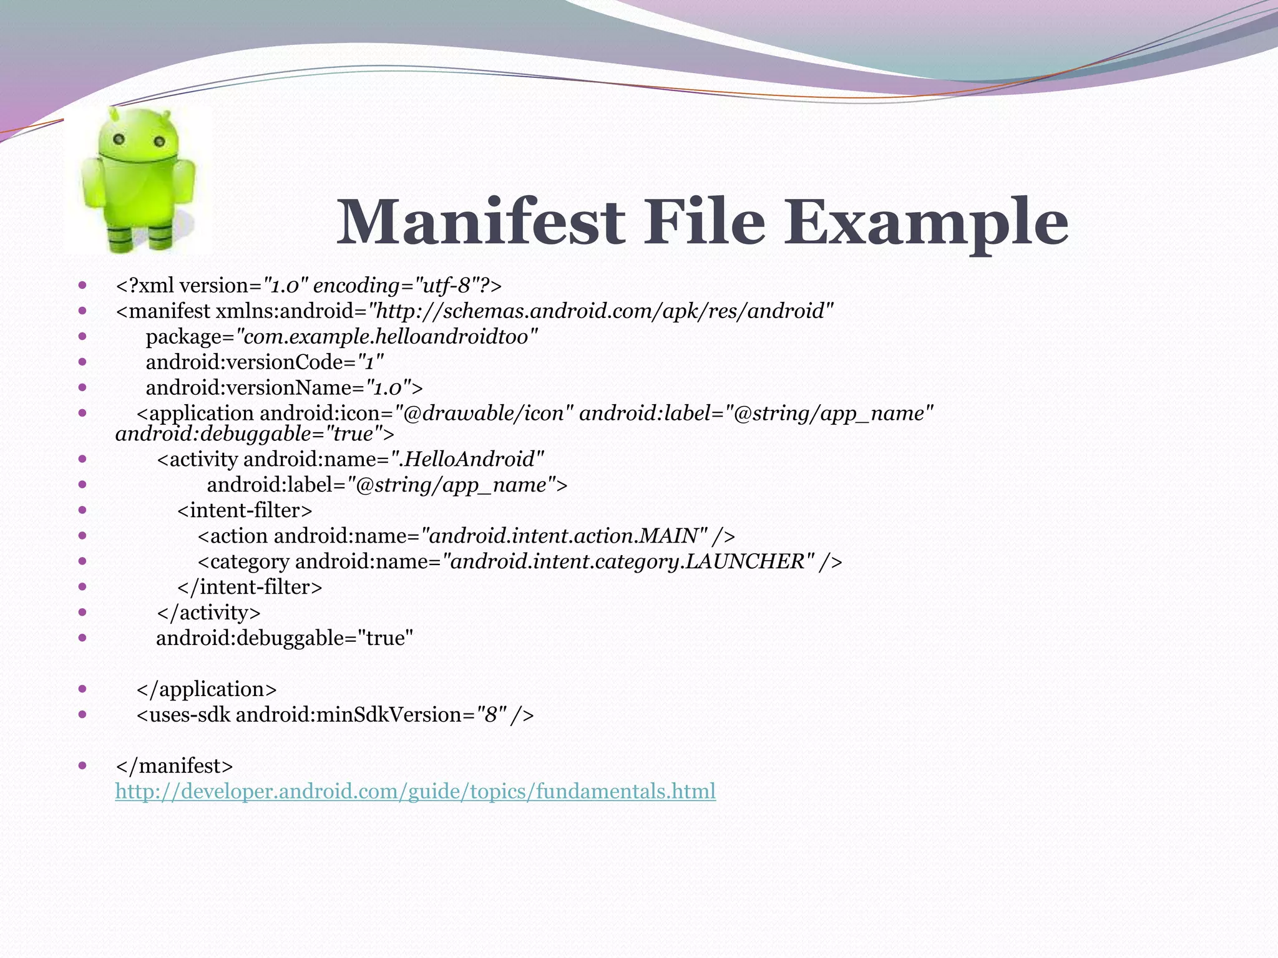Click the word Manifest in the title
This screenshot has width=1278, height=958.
(x=480, y=222)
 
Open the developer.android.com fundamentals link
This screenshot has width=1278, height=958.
(x=415, y=791)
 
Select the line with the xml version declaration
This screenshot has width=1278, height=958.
(x=308, y=286)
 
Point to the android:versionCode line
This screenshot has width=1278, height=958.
(x=265, y=362)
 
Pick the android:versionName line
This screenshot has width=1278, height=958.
(x=284, y=388)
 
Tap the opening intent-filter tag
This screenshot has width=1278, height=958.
(x=244, y=511)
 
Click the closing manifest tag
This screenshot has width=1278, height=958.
(x=174, y=766)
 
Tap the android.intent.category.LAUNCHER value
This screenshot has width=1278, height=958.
(x=628, y=562)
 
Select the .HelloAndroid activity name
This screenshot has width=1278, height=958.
(x=471, y=460)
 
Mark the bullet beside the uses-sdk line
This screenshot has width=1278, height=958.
(x=82, y=714)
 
